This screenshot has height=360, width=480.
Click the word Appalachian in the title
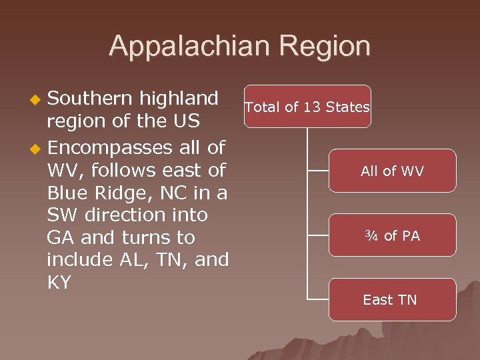point(185,47)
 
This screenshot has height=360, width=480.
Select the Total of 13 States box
point(307,107)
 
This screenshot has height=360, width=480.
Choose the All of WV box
point(392,171)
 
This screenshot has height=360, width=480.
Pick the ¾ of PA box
point(392,236)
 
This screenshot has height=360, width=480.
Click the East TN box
point(392,300)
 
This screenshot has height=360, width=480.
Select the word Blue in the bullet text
point(67,192)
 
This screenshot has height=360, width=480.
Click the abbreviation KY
point(59,283)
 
